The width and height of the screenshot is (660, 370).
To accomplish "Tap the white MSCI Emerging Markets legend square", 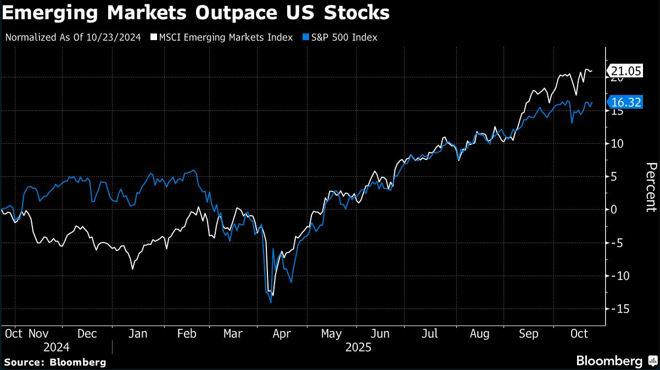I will pos(154,37).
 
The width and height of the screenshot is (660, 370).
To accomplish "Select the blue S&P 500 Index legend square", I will pos(305,37).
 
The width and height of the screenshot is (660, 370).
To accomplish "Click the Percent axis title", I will pos(651,187).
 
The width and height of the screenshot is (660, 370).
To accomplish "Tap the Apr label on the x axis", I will pos(282,333).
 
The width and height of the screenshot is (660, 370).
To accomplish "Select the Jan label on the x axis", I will pos(137,333).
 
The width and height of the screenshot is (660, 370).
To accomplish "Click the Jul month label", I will pos(430,333).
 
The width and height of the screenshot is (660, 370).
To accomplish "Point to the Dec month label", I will pos(87,333).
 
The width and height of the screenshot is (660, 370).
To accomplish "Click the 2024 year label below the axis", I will pos(57,347).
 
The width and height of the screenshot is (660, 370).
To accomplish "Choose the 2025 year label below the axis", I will pos(359,347).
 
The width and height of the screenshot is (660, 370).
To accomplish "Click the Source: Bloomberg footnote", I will pos(55,362).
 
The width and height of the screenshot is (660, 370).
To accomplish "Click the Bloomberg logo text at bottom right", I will pos(609,361).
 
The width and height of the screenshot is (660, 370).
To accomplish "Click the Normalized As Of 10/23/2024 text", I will pos(73,37).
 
